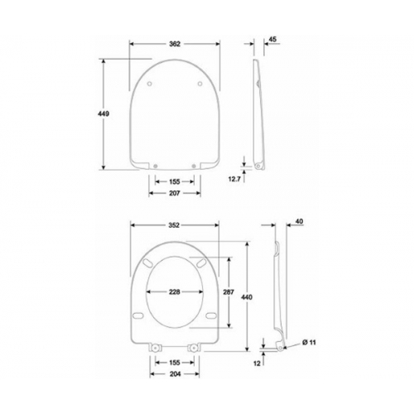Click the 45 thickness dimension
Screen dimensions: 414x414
tap(272, 38)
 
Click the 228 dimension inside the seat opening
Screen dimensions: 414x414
tap(175, 291)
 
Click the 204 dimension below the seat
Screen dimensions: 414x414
tap(175, 373)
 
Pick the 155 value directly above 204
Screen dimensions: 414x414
tap(175, 362)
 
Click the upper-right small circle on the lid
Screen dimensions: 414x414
tap(200, 82)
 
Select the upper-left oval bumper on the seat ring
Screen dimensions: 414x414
tap(147, 262)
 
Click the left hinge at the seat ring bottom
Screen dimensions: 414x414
tap(153, 347)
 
